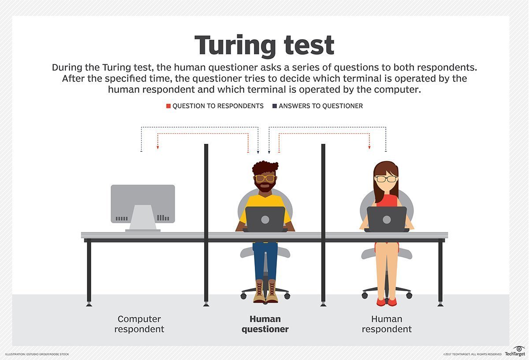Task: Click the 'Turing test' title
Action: point(264,45)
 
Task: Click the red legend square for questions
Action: point(168,106)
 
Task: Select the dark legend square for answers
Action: point(275,106)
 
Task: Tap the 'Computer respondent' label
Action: point(139,324)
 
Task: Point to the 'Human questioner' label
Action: point(265,324)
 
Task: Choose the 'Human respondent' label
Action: point(387,324)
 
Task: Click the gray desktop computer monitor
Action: point(143,204)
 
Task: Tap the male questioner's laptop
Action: point(265,219)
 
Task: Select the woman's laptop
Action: point(387,219)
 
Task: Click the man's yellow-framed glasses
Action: point(265,178)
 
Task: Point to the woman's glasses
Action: point(386,179)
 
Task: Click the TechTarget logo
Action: point(514,351)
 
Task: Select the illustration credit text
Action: point(37,354)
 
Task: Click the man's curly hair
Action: point(265,168)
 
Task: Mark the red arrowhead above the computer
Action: point(158,147)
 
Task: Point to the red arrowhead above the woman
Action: point(369,147)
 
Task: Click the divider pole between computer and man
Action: point(206,221)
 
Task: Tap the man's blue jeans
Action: point(265,260)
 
